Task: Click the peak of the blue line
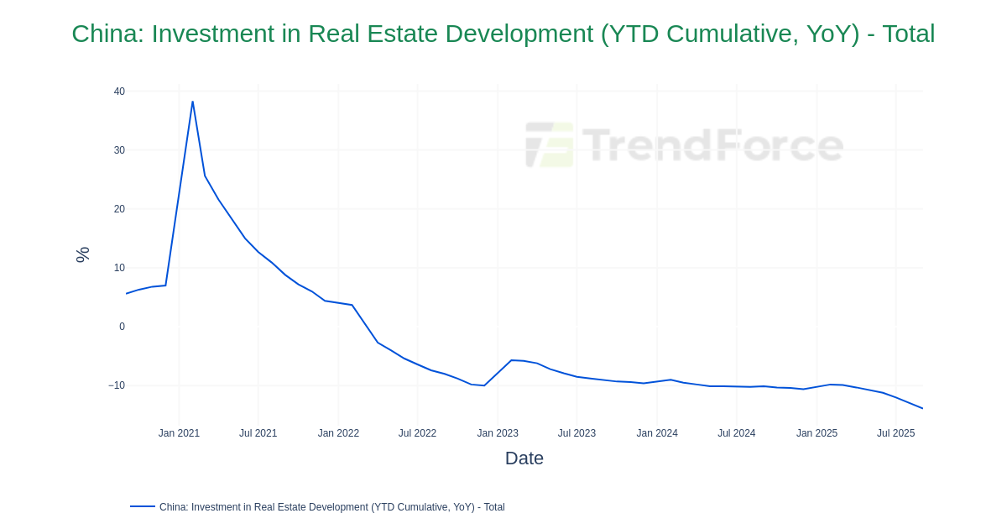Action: pyautogui.click(x=192, y=102)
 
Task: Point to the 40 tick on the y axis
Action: pyautogui.click(x=119, y=92)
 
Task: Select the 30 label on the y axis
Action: pyautogui.click(x=119, y=150)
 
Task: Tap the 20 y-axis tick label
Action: pyautogui.click(x=119, y=209)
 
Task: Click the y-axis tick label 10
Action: pyautogui.click(x=119, y=268)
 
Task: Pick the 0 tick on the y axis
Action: pyautogui.click(x=122, y=327)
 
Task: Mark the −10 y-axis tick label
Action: pyautogui.click(x=117, y=385)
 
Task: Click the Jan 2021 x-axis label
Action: pyautogui.click(x=179, y=433)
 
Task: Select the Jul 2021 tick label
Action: pyautogui.click(x=258, y=433)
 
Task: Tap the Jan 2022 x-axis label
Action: pyautogui.click(x=338, y=433)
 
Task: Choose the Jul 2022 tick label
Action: pyautogui.click(x=417, y=433)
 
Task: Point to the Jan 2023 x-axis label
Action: pyautogui.click(x=498, y=433)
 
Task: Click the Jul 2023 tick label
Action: pyautogui.click(x=577, y=433)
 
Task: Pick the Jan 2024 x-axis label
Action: pyautogui.click(x=657, y=433)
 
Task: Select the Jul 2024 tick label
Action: pyautogui.click(x=736, y=433)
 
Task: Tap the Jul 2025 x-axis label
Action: pyautogui.click(x=895, y=433)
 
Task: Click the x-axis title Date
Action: pyautogui.click(x=524, y=458)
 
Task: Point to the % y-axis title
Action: pyautogui.click(x=82, y=254)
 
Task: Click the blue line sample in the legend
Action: pyautogui.click(x=143, y=506)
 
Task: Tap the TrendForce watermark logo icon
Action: pyautogui.click(x=550, y=144)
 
